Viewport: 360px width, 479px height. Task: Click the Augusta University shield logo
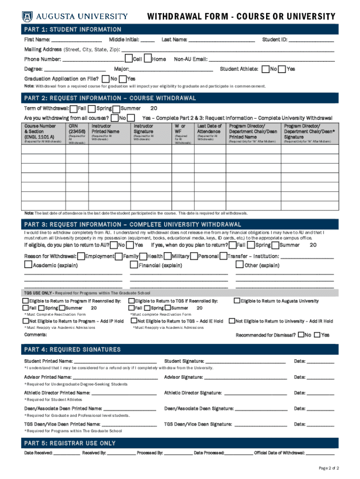pos(28,17)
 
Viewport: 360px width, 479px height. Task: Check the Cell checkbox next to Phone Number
pos(128,59)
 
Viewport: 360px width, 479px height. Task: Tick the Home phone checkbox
pos(148,59)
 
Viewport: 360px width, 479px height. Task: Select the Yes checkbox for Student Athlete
pos(282,69)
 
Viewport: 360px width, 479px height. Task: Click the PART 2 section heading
pos(110,98)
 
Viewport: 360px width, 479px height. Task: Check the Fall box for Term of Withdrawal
pos(73,109)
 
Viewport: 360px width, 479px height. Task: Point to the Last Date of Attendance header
pos(209,129)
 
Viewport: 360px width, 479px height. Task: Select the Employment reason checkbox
pos(81,256)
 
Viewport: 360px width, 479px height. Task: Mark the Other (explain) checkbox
pos(240,265)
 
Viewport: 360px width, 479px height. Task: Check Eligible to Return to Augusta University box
pos(237,301)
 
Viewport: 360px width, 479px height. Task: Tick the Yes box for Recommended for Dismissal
pos(330,335)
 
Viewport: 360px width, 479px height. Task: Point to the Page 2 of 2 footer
pos(329,468)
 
